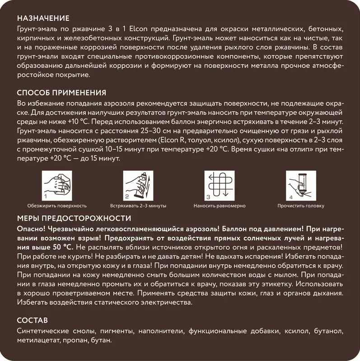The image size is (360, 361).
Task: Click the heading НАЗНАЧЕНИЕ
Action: tap(43, 19)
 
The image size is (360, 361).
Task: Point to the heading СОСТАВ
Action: tap(32, 321)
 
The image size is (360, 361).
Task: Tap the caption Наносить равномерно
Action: tap(220, 206)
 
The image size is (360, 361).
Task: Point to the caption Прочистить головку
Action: tap(301, 206)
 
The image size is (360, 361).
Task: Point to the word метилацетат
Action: tap(38, 340)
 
